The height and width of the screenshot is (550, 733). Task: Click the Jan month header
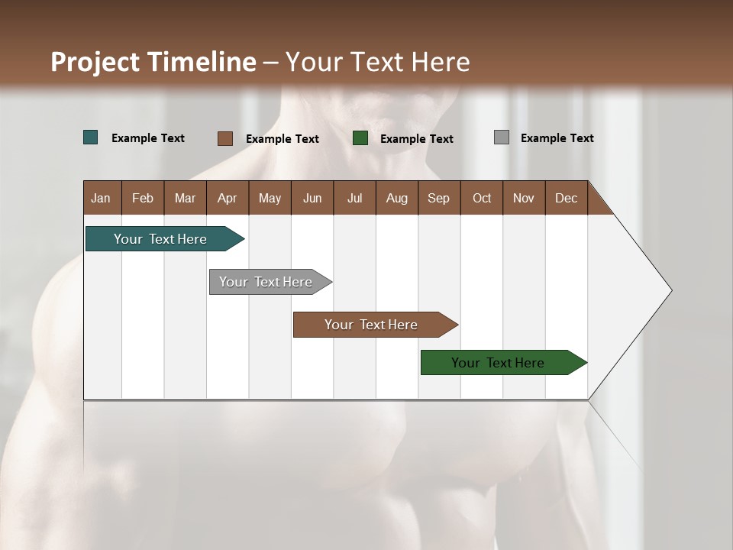point(101,198)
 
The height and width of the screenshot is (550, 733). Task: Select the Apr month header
point(227,198)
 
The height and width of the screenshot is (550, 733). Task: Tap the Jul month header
point(354,198)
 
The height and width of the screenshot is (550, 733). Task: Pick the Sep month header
point(438,198)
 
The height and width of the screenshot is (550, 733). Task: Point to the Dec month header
point(566,198)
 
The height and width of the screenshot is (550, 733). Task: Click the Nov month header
point(523,198)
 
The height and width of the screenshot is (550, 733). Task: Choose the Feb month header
point(143,198)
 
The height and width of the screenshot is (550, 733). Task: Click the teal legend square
point(91,137)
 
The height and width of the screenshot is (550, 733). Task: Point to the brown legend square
point(224,138)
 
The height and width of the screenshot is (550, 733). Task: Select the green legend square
point(360,138)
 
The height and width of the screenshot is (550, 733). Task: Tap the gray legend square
point(502,137)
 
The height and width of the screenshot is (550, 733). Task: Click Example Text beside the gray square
point(557,138)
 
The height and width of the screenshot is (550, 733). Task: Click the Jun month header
point(312,198)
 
